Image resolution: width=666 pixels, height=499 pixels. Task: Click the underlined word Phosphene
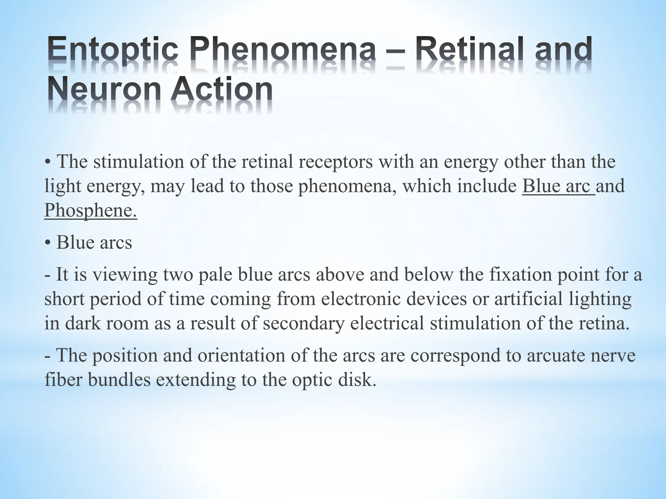[x=91, y=210]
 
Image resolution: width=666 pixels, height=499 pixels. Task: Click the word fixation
[x=520, y=275]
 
